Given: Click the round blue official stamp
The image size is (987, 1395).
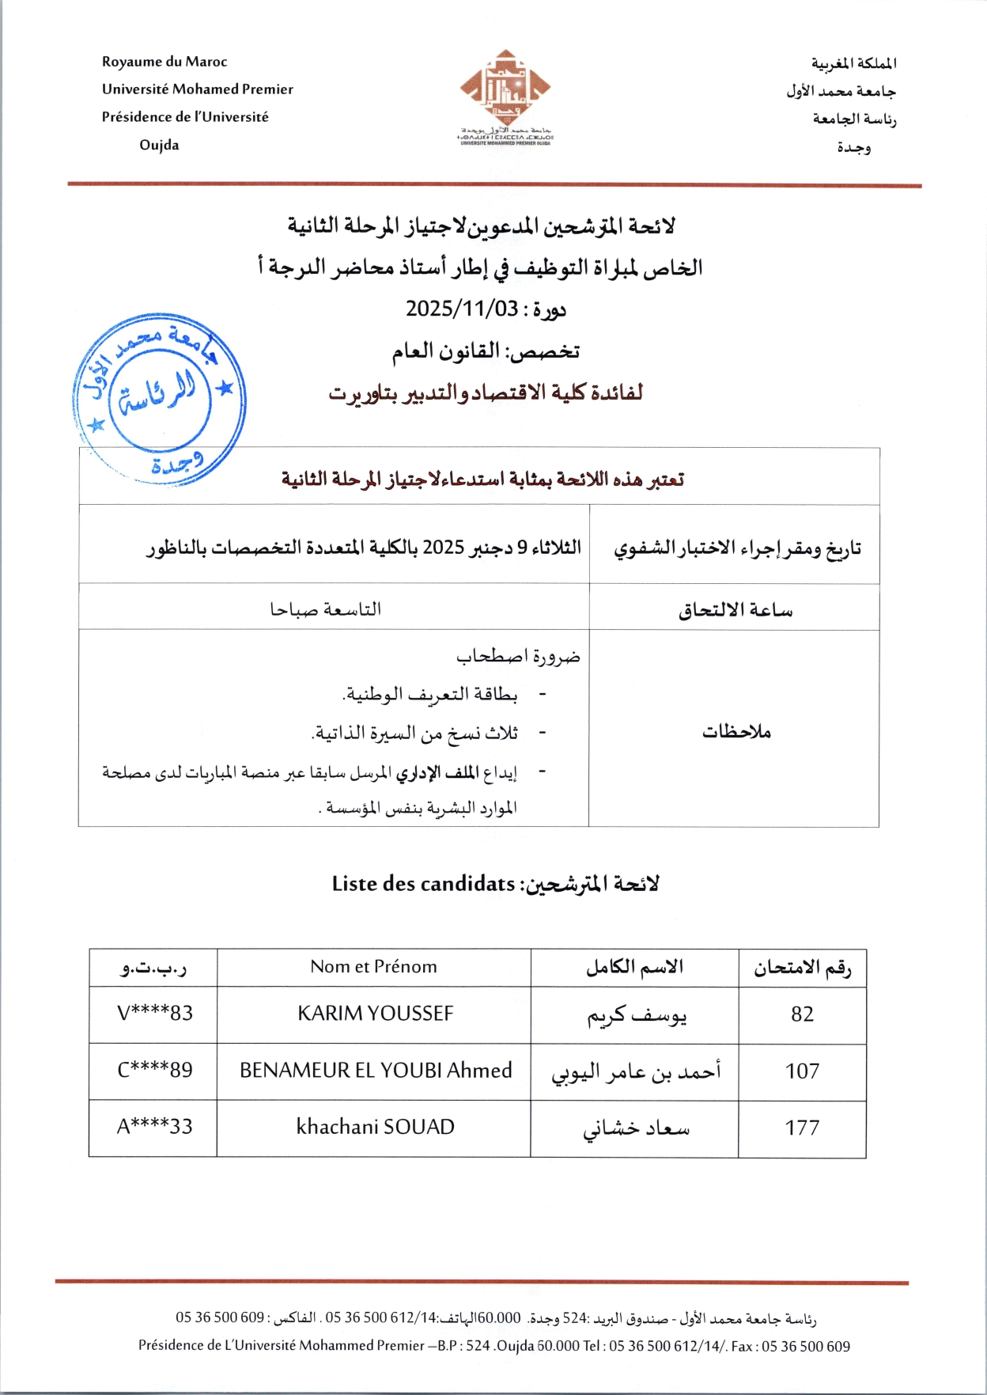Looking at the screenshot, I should [x=159, y=398].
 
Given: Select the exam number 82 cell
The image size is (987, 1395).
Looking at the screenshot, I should [x=802, y=1014].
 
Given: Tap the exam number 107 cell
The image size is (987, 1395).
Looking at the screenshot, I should [x=802, y=1071].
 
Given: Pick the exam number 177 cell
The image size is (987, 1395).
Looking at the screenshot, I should [x=802, y=1128].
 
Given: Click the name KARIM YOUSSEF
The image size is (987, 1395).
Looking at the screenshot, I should [x=375, y=1014].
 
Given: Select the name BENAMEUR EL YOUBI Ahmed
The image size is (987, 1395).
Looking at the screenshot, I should [x=376, y=1071].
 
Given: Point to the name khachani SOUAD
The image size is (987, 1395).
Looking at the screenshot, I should [x=375, y=1127].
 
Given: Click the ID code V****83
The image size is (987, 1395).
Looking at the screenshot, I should [x=155, y=1014].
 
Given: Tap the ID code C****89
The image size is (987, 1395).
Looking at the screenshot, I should [x=155, y=1071].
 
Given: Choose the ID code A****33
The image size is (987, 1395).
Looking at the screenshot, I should [x=155, y=1127].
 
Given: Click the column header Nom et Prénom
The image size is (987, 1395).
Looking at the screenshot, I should [x=373, y=967].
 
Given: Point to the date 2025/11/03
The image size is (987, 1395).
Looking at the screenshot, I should [x=462, y=309].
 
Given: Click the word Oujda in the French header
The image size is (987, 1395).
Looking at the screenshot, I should [x=159, y=146].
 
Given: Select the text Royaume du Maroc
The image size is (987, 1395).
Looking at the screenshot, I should [x=164, y=62].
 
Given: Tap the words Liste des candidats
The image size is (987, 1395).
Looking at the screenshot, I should [x=423, y=884].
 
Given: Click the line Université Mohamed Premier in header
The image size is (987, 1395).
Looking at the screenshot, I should [x=197, y=89].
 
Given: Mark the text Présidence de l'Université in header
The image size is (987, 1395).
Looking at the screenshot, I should [x=185, y=117].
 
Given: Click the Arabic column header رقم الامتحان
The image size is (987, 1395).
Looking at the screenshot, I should [x=802, y=968].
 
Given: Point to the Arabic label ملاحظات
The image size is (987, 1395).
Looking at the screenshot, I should [x=736, y=732].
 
